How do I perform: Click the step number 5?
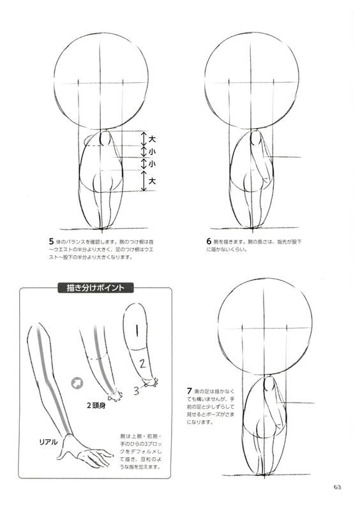50,242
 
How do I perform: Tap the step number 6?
209,242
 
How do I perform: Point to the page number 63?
337,487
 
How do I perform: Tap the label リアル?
49,441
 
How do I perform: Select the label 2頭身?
96,404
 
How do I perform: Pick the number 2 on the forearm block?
143,364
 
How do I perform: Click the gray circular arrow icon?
78,383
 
